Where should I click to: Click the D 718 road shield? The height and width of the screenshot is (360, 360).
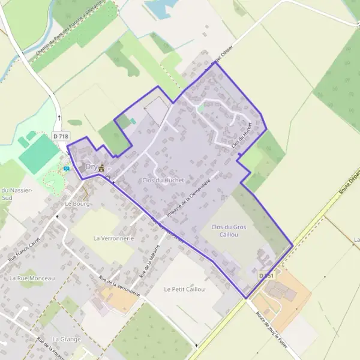[x=59, y=137]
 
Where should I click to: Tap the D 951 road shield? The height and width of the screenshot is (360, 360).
[x=267, y=275]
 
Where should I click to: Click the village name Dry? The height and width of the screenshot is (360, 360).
[x=91, y=167]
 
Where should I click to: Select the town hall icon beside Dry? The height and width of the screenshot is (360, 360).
[x=101, y=167]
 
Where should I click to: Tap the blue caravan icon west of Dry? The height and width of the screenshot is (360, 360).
[x=66, y=169]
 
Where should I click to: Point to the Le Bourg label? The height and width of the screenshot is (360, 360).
[x=77, y=203]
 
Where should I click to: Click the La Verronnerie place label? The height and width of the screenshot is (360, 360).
[x=112, y=238]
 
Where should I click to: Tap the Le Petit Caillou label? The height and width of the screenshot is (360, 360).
[x=184, y=289]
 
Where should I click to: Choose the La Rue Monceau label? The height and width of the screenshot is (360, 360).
[x=32, y=278]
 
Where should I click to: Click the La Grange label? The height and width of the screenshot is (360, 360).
[x=66, y=339]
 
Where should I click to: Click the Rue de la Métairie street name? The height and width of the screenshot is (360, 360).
[x=151, y=259]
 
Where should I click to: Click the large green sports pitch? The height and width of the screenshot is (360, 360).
[x=38, y=152]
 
